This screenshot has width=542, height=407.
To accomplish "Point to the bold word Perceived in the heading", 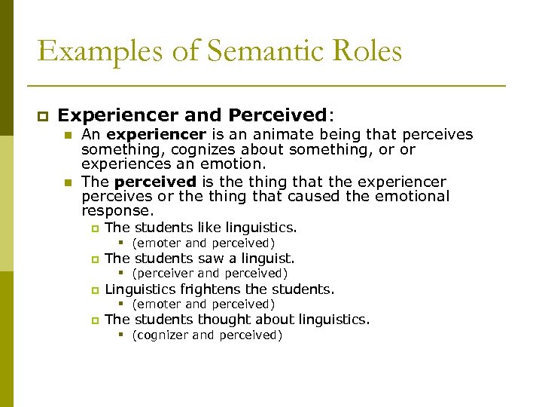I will coord(276,115).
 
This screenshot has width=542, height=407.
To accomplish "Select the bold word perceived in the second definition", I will coord(155,182).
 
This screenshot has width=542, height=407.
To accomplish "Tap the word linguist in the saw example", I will coord(266,259).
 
